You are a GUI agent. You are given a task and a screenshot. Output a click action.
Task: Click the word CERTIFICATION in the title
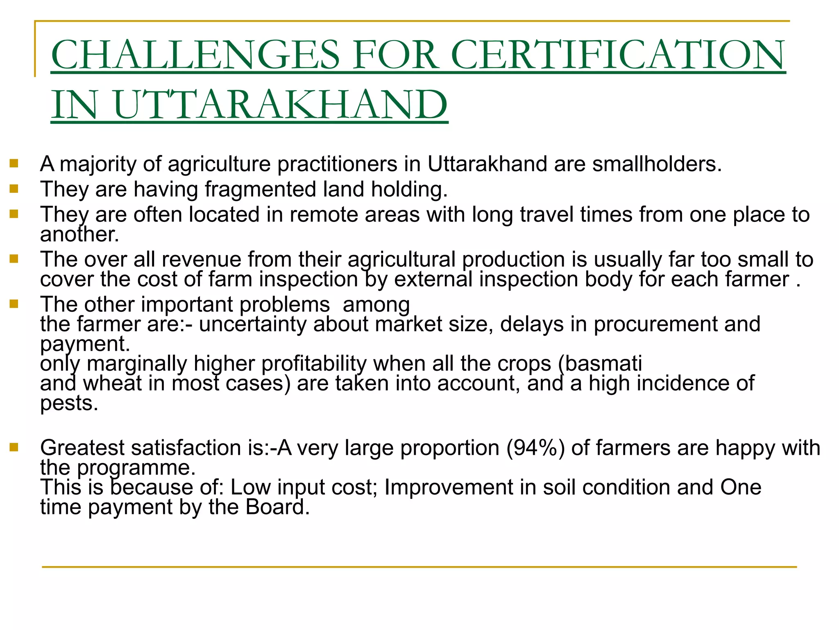[618, 55]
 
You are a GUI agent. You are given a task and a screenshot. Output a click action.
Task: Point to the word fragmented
[261, 189]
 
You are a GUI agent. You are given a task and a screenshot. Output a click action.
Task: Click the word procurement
[655, 324]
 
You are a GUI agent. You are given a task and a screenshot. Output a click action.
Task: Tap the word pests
[69, 403]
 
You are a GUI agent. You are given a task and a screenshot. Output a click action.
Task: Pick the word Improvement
[448, 488]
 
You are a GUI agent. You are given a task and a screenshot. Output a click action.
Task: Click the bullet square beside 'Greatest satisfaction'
[14, 447]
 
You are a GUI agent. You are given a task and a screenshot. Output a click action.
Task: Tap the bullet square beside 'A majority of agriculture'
[14, 164]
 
